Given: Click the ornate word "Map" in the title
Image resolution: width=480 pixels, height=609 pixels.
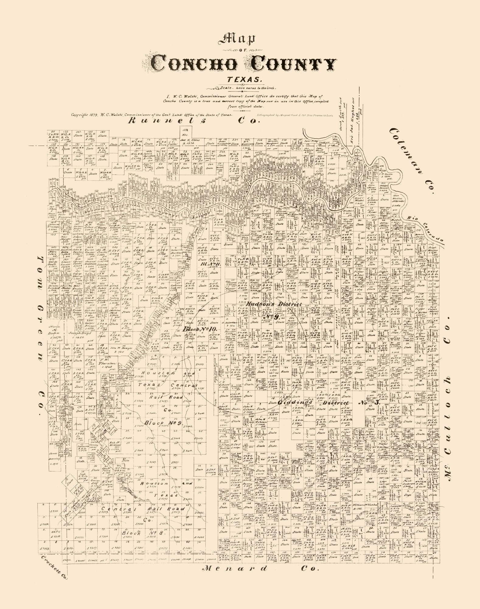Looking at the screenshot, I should click(240, 40).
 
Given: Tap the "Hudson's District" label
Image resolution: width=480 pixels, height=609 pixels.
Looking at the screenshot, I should click(273, 304).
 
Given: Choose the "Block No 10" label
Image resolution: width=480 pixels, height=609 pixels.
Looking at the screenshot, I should click(200, 329).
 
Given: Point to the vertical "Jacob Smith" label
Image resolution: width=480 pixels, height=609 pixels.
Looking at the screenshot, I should click(342, 113).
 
